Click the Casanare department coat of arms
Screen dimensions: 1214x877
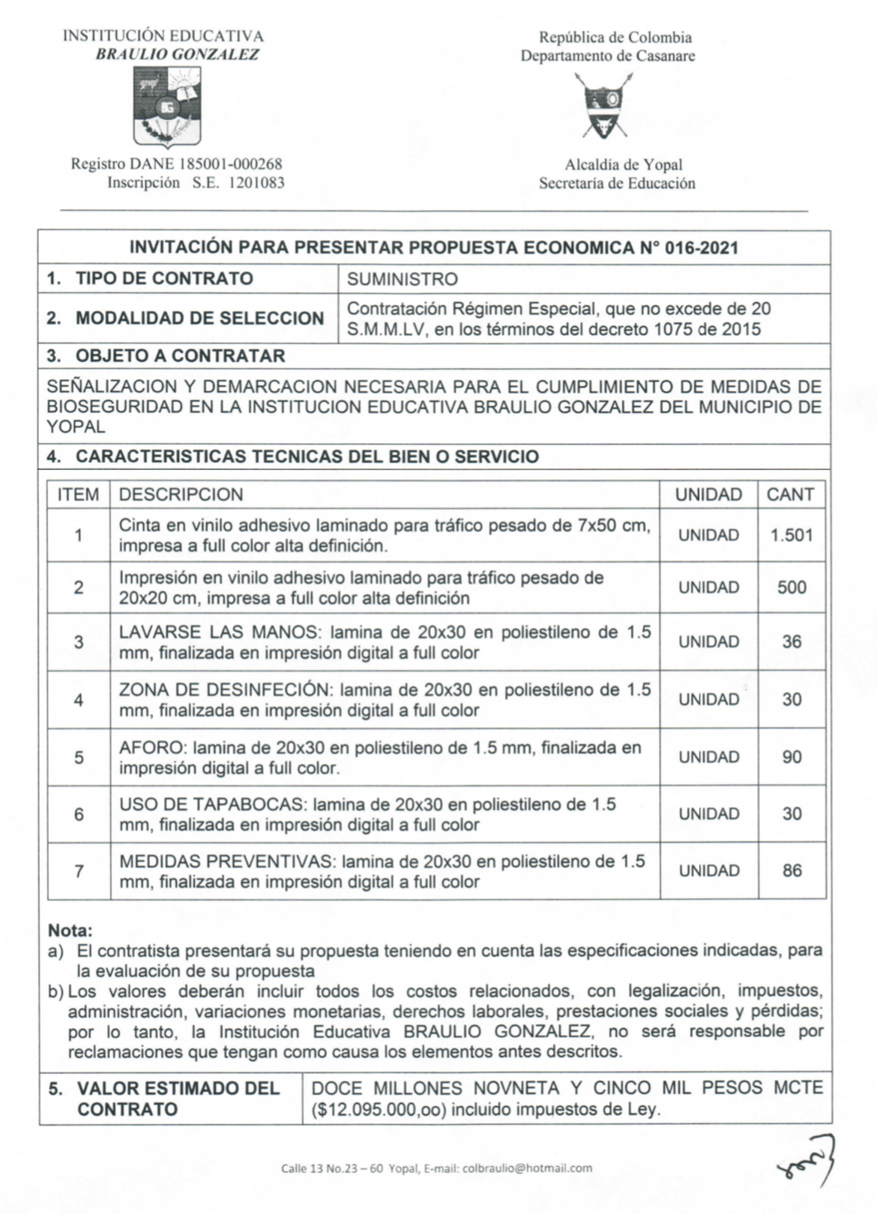pyautogui.click(x=603, y=106)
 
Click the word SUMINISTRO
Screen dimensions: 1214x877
pyautogui.click(x=402, y=280)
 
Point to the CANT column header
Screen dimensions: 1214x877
pyautogui.click(x=790, y=495)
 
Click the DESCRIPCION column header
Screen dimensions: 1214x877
pyautogui.click(x=181, y=495)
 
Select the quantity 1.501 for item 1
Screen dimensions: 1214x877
pyautogui.click(x=791, y=535)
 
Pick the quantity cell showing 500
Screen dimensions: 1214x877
pyautogui.click(x=792, y=588)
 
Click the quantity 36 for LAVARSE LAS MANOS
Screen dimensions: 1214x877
pyautogui.click(x=792, y=641)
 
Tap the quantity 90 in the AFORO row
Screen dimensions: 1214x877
pyautogui.click(x=792, y=757)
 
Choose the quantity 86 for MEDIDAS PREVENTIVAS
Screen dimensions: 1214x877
pyautogui.click(x=792, y=871)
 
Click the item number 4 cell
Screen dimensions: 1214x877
pyautogui.click(x=79, y=700)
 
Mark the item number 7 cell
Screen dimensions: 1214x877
pyautogui.click(x=79, y=871)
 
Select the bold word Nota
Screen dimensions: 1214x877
pyautogui.click(x=70, y=931)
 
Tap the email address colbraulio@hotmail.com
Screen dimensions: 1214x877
pyautogui.click(x=527, y=1168)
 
